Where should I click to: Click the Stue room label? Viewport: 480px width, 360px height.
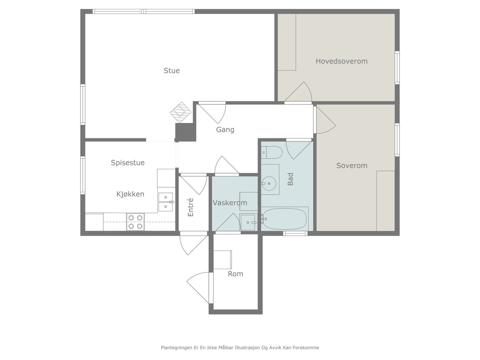[x=172, y=70]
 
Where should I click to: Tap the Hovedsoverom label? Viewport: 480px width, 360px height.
[x=342, y=61]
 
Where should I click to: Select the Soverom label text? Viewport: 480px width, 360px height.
[x=352, y=166]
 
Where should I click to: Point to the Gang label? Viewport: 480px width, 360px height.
[x=225, y=130]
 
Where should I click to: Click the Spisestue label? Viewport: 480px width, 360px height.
[x=128, y=163]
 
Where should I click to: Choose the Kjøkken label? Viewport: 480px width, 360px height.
[x=130, y=194]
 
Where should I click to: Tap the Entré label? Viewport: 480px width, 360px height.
[x=190, y=207]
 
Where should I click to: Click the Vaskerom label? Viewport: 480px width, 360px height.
[x=230, y=203]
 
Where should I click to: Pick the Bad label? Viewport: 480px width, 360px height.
[x=290, y=179]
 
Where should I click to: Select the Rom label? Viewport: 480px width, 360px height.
[x=235, y=274]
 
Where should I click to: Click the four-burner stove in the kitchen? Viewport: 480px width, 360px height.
[x=135, y=222]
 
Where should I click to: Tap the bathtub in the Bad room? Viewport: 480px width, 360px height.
[x=285, y=219]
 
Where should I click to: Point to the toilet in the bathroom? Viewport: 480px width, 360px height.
[x=271, y=152]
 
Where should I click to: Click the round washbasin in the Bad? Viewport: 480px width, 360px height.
[x=269, y=184]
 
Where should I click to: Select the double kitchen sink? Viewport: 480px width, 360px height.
[x=166, y=202]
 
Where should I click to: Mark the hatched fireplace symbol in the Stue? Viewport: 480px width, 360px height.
[x=181, y=112]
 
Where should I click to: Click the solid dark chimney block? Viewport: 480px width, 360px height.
[x=185, y=132]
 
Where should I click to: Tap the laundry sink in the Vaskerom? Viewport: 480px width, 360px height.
[x=248, y=222]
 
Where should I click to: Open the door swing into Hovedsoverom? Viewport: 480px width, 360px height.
[x=298, y=92]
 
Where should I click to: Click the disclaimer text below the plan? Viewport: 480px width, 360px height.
[x=240, y=347]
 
